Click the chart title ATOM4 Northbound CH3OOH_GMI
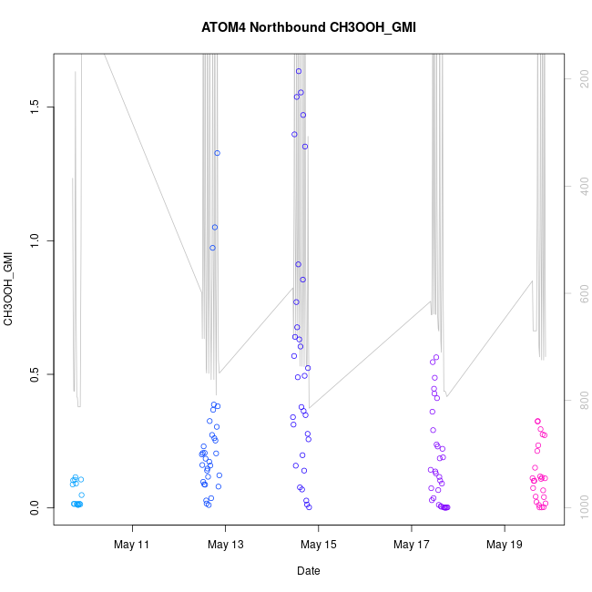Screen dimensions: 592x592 click(x=308, y=27)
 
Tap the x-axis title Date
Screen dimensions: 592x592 click(x=308, y=571)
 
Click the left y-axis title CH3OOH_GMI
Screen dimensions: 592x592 click(x=9, y=290)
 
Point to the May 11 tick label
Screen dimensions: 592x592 click(x=133, y=546)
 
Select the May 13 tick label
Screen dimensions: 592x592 click(x=226, y=546)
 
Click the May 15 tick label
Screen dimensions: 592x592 click(x=318, y=546)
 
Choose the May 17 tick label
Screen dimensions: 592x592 click(x=411, y=546)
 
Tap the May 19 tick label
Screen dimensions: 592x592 click(x=504, y=546)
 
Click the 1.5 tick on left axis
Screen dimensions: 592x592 click(x=34, y=107)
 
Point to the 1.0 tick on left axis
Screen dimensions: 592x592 click(x=34, y=240)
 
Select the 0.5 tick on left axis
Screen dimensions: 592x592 click(x=34, y=374)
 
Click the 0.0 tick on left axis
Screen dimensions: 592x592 click(x=34, y=508)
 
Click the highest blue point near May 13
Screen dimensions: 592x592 click(x=217, y=153)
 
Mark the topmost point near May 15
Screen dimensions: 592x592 click(x=298, y=71)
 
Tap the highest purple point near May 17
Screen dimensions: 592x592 click(x=436, y=357)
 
